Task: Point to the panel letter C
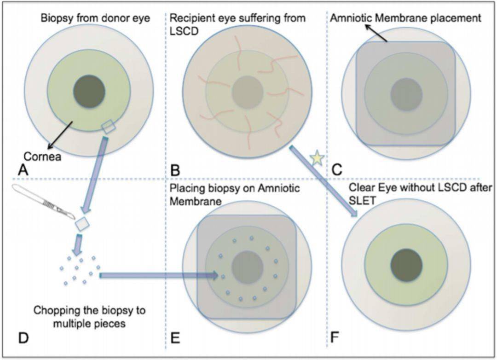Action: pyautogui.click(x=337, y=170)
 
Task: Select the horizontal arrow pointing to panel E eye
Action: pyautogui.click(x=159, y=275)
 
